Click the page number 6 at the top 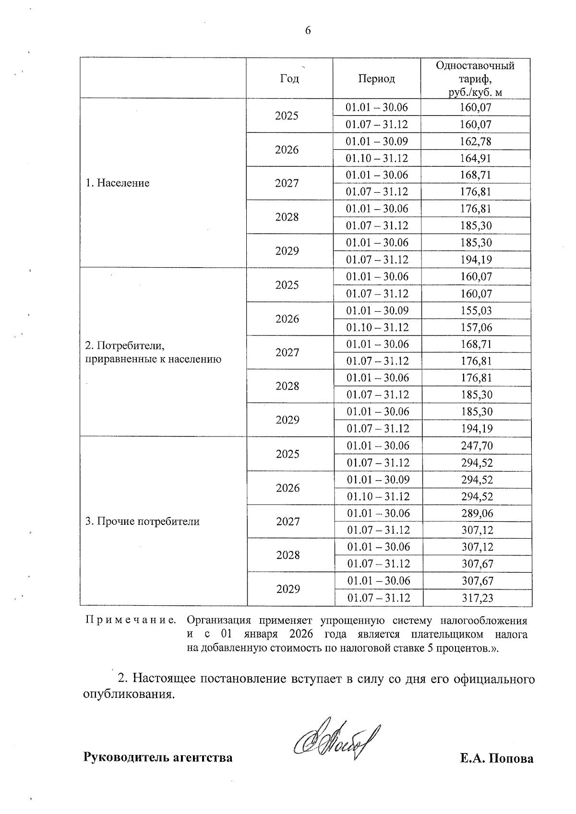point(308,31)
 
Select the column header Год point(289,79)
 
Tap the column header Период point(376,79)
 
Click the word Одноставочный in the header point(475,66)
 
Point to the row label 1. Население point(118,183)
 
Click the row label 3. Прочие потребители point(143,521)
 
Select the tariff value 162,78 point(475,142)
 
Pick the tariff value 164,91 point(475,158)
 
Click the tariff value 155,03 point(476,310)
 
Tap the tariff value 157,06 point(476,327)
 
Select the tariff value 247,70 point(477,446)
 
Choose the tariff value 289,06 point(477,513)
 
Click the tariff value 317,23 point(477,598)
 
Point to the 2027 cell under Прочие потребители point(288,521)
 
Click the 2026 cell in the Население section point(287,150)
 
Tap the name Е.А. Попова point(496,758)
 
